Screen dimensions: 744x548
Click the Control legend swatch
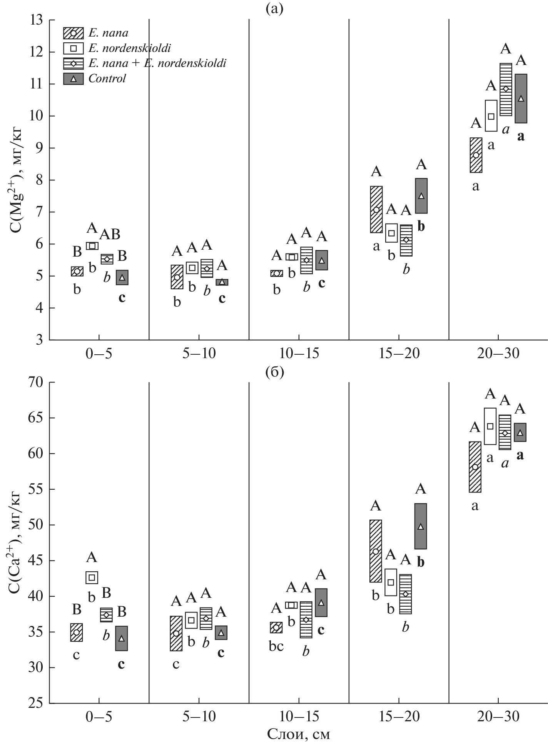point(73,79)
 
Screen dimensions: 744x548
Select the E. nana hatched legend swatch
point(73,33)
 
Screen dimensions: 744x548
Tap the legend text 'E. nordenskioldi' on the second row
point(130,48)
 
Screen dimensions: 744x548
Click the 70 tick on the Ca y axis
point(37,383)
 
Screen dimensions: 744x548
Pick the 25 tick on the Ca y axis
point(37,704)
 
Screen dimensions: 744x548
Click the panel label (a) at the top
point(274,8)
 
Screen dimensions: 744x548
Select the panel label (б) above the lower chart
point(274,372)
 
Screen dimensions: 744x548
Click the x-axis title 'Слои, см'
point(299,734)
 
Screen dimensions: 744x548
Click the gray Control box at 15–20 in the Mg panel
point(421,196)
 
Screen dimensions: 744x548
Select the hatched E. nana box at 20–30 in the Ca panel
point(475,467)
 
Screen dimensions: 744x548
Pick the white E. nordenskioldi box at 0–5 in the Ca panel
point(92,577)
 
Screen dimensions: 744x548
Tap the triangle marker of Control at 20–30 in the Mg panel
point(521,98)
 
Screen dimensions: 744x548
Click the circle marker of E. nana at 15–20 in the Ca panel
point(376,551)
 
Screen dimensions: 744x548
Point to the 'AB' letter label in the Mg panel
point(110,234)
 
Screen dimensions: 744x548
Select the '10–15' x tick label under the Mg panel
point(299,354)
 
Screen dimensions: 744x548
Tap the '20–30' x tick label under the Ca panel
point(498,717)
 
